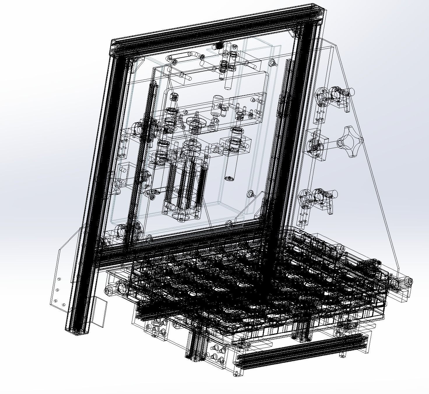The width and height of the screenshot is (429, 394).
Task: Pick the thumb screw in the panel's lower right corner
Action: coord(251,194)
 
